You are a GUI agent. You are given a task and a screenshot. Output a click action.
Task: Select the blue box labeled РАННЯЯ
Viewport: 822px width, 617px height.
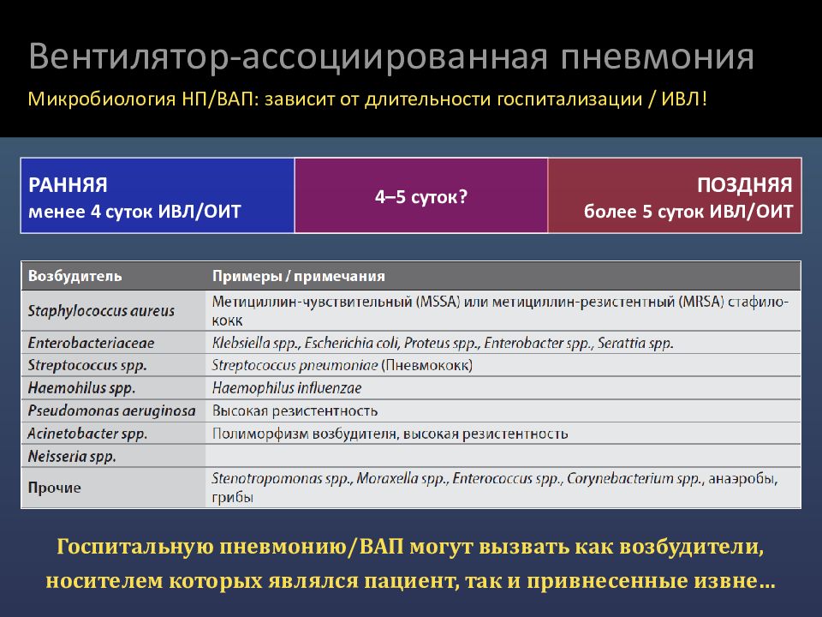158,195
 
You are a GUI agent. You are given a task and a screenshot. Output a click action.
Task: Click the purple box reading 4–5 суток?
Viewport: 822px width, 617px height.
420,196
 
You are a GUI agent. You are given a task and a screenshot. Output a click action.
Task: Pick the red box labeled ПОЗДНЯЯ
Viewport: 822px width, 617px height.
675,195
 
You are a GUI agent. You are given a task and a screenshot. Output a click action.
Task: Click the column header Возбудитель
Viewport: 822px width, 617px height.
75,276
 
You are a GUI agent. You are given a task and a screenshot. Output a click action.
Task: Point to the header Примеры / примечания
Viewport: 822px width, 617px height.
298,276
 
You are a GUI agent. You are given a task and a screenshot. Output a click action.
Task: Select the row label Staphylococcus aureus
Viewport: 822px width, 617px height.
101,311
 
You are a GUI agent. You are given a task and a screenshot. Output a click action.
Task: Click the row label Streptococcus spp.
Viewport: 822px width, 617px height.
88,365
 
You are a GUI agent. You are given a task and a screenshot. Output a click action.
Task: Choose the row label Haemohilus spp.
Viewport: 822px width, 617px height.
81,387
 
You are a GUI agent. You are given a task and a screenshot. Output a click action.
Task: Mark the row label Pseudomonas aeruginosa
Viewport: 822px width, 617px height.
112,410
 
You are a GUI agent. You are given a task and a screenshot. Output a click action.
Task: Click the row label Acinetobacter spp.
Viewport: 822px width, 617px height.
87,434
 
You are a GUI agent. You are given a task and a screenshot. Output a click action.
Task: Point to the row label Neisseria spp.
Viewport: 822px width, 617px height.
72,457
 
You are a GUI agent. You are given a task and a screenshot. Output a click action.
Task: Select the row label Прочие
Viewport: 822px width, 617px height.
55,488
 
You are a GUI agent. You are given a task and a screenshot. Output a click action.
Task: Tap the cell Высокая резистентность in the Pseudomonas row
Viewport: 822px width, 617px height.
295,410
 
